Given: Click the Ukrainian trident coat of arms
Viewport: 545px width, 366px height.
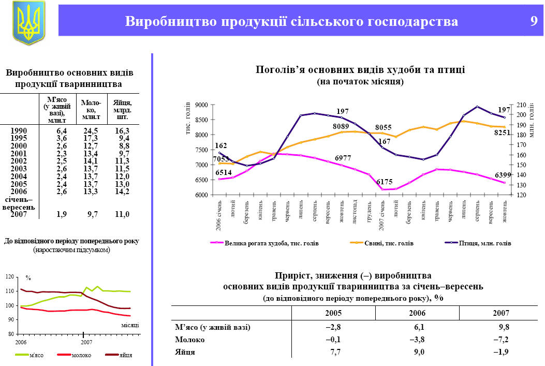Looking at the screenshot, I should pyautogui.click(x=28, y=23).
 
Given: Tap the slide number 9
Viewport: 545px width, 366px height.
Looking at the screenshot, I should pyautogui.click(x=534, y=21).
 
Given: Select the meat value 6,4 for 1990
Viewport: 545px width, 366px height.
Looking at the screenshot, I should pyautogui.click(x=62, y=130).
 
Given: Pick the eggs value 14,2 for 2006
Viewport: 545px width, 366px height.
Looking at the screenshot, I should pyautogui.click(x=122, y=192).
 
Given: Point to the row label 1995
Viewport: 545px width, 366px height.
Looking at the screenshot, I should pyautogui.click(x=19, y=138).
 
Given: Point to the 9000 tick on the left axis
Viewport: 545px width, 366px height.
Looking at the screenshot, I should pyautogui.click(x=201, y=105).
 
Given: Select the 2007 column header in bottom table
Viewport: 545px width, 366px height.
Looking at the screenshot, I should pyautogui.click(x=500, y=313).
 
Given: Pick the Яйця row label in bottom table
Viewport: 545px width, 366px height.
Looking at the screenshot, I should pyautogui.click(x=185, y=352).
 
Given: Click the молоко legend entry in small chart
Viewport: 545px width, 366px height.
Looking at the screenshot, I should pyautogui.click(x=80, y=355).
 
